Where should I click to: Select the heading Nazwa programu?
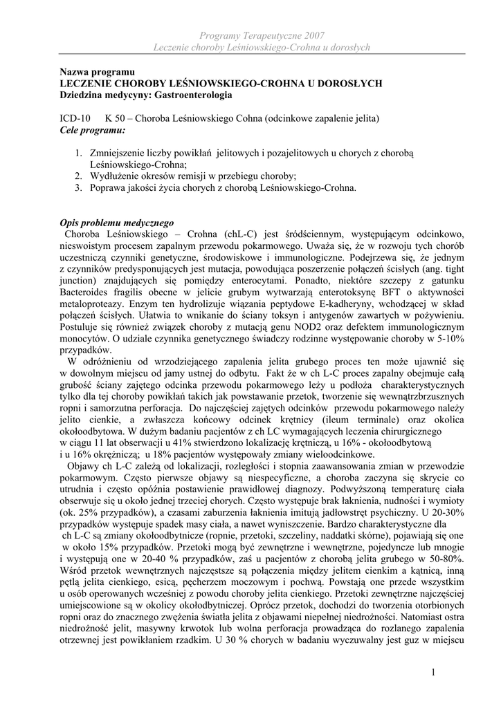[x=96, y=72]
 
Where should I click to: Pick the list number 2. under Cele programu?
[x=80, y=176]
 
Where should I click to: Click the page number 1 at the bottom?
[x=432, y=673]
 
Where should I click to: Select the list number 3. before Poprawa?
[x=80, y=187]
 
